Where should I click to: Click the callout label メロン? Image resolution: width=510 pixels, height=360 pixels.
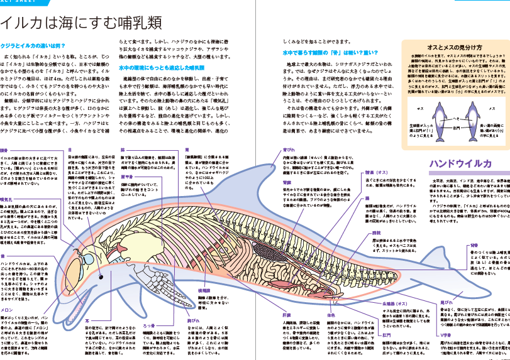click(x=8, y=308)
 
